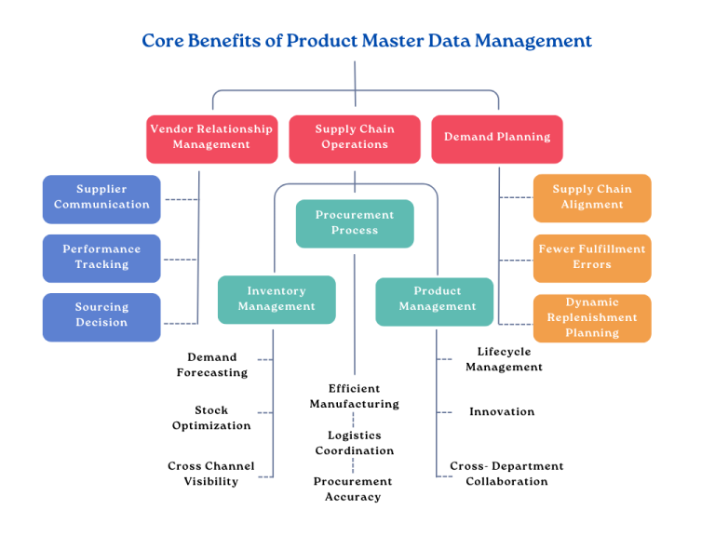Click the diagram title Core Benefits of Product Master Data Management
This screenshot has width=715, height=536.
click(x=367, y=41)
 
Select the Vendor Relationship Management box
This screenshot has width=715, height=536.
click(x=211, y=138)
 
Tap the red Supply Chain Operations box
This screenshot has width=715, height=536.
click(x=355, y=138)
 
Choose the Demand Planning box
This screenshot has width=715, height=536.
click(x=497, y=138)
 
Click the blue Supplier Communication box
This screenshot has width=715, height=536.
click(x=101, y=198)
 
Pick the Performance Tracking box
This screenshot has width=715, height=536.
click(x=101, y=258)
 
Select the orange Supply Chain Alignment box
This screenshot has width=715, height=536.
click(x=592, y=197)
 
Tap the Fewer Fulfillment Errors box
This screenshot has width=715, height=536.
click(x=592, y=258)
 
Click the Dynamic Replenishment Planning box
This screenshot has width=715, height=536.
click(x=592, y=317)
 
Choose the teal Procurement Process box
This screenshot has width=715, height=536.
click(x=355, y=223)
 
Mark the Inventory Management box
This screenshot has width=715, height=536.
click(x=277, y=300)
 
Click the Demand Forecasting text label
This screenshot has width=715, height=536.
click(x=212, y=365)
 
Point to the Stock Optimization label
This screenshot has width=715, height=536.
click(x=211, y=418)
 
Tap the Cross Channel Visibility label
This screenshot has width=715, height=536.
click(x=211, y=474)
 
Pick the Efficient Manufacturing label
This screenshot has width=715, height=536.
click(x=355, y=396)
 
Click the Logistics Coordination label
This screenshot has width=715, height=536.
click(x=355, y=443)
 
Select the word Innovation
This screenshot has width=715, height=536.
click(x=502, y=411)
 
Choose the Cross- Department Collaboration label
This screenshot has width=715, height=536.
click(x=506, y=474)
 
